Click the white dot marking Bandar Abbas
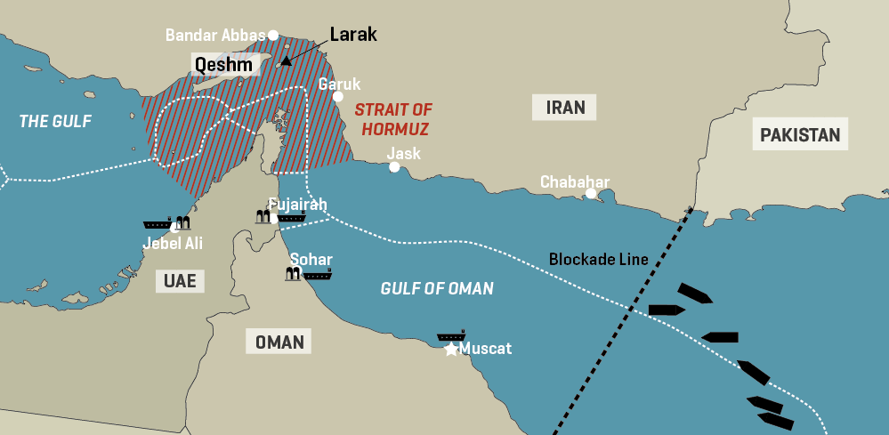[x=274, y=35]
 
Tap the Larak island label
[x=353, y=35]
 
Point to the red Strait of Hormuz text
[x=392, y=119]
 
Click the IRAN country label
[x=565, y=108]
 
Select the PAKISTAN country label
[x=800, y=135]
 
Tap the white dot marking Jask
[x=394, y=166]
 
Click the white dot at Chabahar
[x=591, y=193]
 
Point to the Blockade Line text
[x=598, y=260]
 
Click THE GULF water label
[x=55, y=121]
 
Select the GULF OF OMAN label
[x=436, y=288]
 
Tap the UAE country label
[x=180, y=281]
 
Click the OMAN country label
[x=279, y=342]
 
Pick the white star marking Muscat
[x=451, y=350]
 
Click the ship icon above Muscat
[x=451, y=337]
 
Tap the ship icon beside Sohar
[x=317, y=275]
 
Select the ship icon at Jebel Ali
[x=158, y=224]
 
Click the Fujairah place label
[x=297, y=205]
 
